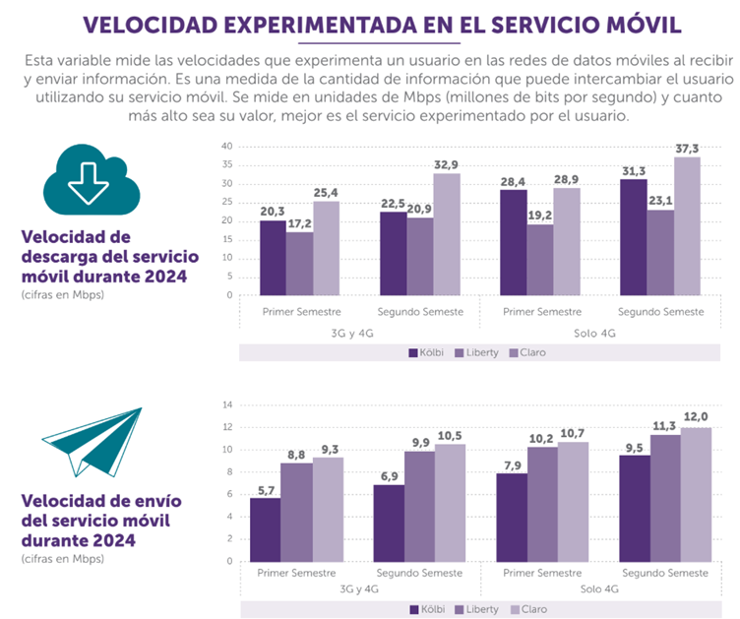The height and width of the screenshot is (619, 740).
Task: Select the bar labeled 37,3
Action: pyautogui.click(x=687, y=226)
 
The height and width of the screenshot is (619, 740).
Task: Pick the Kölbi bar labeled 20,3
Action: pyautogui.click(x=273, y=258)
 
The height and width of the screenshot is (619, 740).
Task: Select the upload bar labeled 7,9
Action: pyautogui.click(x=510, y=517)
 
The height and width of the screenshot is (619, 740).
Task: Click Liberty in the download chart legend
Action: pyautogui.click(x=479, y=351)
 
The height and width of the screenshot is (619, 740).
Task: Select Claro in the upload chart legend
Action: pyautogui.click(x=533, y=609)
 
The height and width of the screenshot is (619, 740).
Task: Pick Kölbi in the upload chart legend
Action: pyautogui.click(x=429, y=609)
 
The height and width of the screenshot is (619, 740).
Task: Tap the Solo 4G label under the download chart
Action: pyautogui.click(x=599, y=332)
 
